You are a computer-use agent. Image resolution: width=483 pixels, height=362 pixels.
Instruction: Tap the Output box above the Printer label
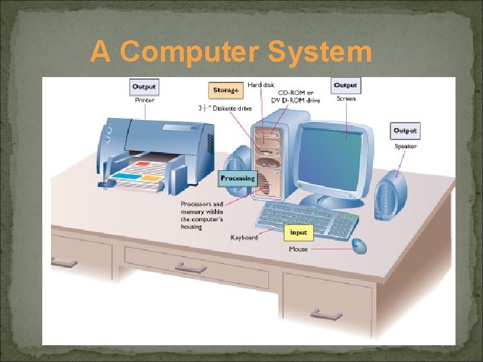click(144, 87)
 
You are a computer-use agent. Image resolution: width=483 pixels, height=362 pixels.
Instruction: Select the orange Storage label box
click(225, 90)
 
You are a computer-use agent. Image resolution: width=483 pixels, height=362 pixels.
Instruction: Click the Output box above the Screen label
click(345, 85)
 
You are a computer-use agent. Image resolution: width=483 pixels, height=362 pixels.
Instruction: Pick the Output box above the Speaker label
click(405, 131)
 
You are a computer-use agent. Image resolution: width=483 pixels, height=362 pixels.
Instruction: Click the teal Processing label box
click(238, 178)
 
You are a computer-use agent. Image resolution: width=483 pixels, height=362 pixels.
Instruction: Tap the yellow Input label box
click(299, 233)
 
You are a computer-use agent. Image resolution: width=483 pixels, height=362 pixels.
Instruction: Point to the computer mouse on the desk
click(360, 245)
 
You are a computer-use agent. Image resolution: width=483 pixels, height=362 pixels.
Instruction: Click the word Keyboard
click(244, 237)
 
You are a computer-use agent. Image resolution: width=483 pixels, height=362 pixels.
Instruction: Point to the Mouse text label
click(299, 249)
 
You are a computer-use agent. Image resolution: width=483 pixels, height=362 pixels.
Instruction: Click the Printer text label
click(144, 101)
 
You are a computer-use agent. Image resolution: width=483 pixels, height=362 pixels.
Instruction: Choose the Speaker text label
click(405, 146)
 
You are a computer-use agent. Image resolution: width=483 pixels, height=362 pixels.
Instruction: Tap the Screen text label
click(346, 99)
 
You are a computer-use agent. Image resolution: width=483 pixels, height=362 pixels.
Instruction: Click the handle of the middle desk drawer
click(191, 267)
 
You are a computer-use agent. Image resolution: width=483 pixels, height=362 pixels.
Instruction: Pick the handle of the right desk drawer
click(327, 314)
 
